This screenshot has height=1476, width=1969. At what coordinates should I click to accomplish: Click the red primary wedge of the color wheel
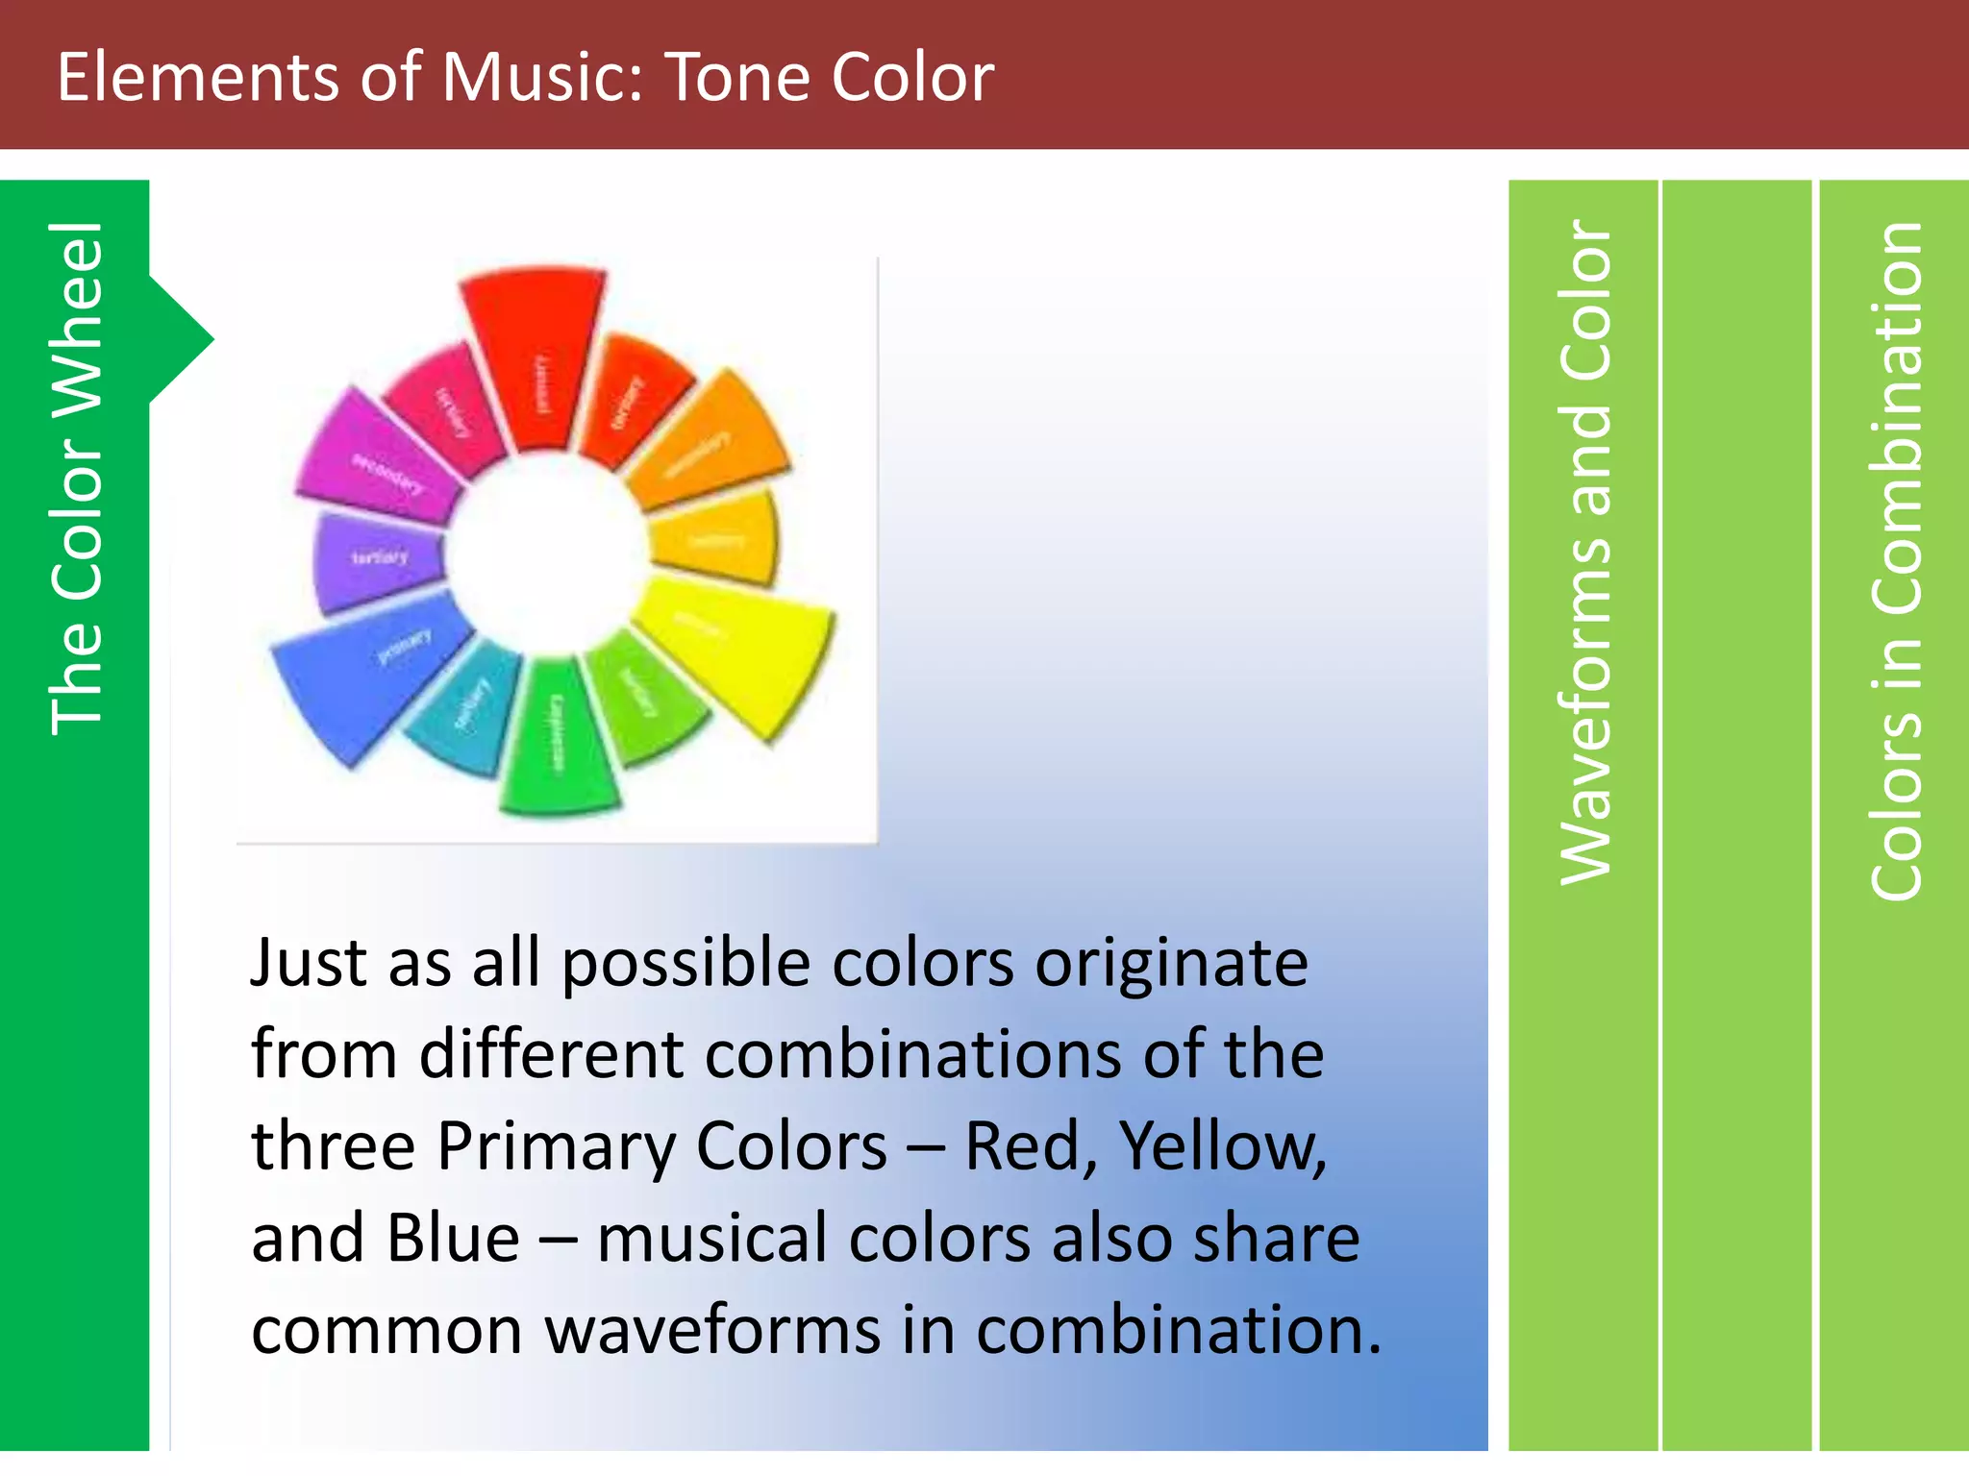click(x=534, y=356)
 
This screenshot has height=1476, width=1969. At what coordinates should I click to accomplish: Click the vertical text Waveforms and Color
click(x=1584, y=553)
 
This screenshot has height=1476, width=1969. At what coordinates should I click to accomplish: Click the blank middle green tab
click(x=1736, y=817)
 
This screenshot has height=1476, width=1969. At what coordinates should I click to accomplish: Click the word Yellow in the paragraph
click(x=1221, y=1146)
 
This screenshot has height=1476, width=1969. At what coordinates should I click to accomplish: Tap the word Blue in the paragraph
click(x=453, y=1239)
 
